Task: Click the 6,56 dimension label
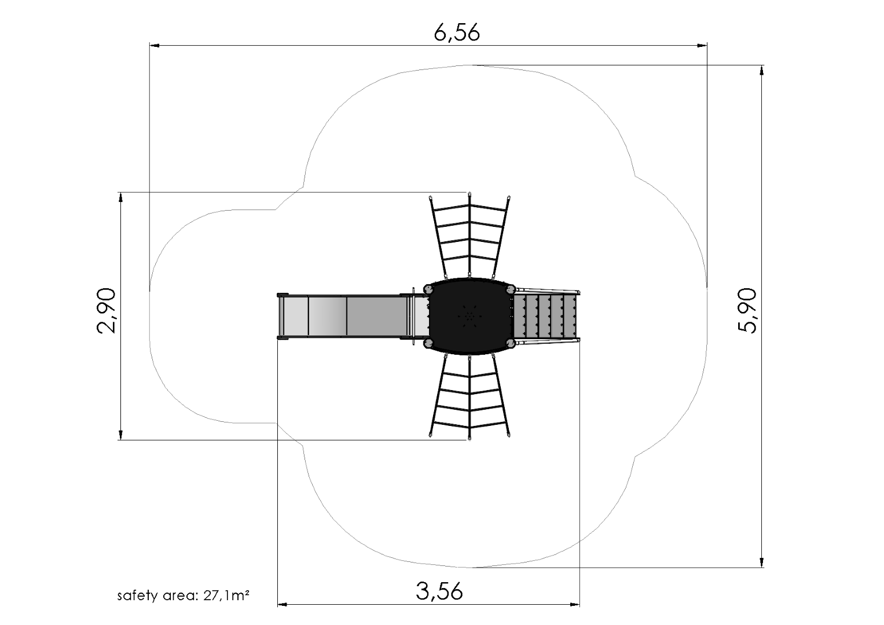[x=457, y=33]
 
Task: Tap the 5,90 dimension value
[x=747, y=311]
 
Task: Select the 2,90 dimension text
[x=107, y=311]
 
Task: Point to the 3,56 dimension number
[x=439, y=591]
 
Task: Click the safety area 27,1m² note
[x=183, y=595]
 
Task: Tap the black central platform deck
[x=469, y=317]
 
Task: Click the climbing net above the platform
[x=469, y=236]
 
